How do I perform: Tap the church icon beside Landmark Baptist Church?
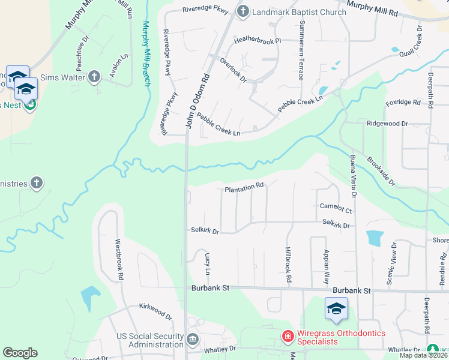coord(243,11)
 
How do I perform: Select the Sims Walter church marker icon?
coord(94,76)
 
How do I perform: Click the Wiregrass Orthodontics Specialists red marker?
coord(288,336)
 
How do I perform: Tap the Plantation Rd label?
coord(244,188)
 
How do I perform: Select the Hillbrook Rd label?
coord(288,265)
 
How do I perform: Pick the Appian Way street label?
coord(327,266)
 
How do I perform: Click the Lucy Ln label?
coord(208,263)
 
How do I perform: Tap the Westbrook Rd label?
coord(119,261)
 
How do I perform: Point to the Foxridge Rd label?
coord(403,103)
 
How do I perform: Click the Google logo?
coord(20,353)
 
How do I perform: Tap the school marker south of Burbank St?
coord(336,310)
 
